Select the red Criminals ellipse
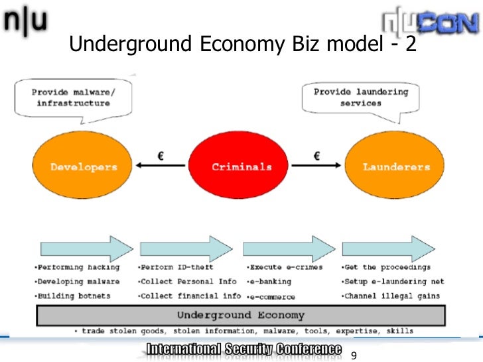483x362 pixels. pyautogui.click(x=241, y=166)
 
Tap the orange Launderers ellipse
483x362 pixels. pyautogui.click(x=396, y=166)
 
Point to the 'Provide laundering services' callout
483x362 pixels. pyautogui.click(x=361, y=97)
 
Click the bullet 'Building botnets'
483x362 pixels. pyautogui.click(x=74, y=296)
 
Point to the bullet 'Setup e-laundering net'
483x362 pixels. pyautogui.click(x=392, y=282)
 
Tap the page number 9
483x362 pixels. pyautogui.click(x=354, y=355)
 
